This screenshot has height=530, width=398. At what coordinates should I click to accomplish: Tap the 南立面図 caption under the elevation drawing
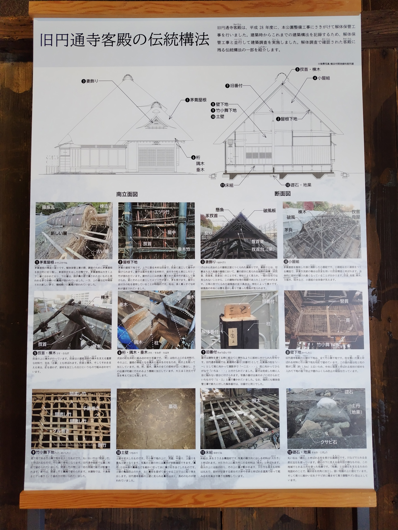(127, 194)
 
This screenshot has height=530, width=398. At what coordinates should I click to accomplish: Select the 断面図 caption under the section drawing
(282, 193)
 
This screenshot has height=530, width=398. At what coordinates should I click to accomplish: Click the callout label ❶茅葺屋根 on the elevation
(196, 100)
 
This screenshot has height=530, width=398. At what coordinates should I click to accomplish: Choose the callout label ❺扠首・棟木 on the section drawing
(308, 69)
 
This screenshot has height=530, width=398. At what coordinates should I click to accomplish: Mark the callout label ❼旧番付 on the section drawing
(234, 86)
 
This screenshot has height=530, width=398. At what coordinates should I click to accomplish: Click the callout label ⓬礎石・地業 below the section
(298, 185)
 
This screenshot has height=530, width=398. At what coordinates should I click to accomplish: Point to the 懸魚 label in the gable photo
(221, 210)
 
